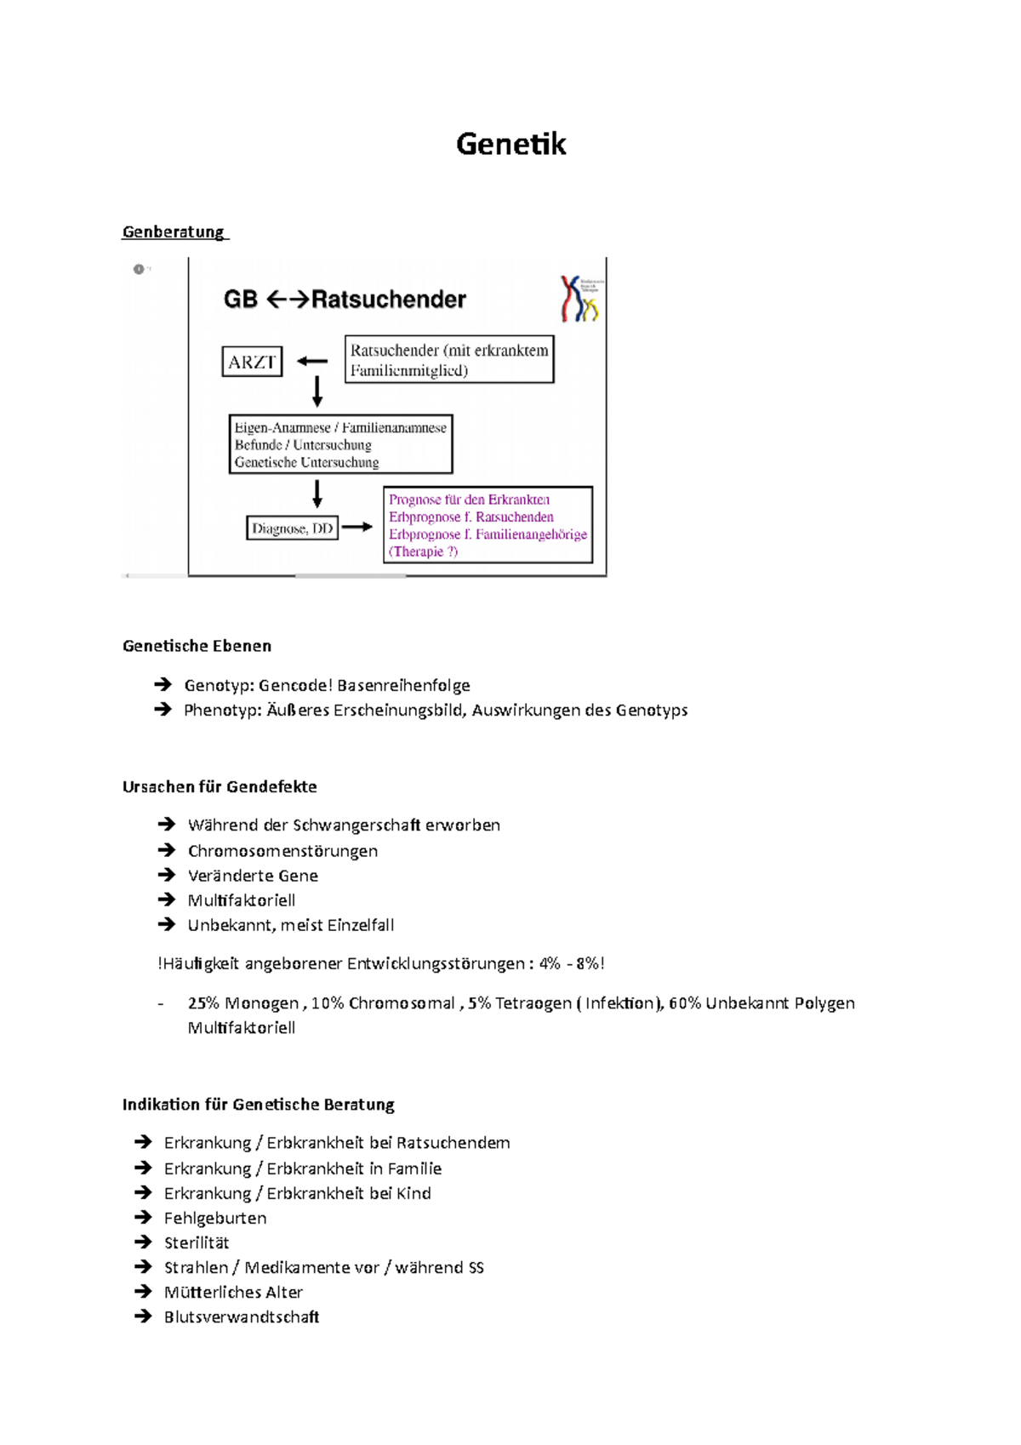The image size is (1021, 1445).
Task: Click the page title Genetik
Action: point(510,144)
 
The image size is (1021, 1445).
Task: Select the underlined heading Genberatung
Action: point(174,231)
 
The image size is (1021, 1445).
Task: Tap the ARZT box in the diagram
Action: point(252,362)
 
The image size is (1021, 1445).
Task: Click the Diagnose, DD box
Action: point(292,528)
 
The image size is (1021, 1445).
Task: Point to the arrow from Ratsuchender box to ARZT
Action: point(312,362)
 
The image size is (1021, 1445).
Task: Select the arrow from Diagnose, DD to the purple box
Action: point(357,528)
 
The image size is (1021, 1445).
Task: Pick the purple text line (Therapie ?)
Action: point(423,551)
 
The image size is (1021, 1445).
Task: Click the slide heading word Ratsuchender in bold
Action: point(389,300)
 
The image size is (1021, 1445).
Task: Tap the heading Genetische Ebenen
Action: point(197,646)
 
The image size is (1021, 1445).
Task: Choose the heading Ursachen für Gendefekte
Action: point(220,787)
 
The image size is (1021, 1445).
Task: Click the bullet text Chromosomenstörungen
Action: point(282,851)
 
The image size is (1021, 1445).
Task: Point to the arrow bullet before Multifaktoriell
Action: point(166,900)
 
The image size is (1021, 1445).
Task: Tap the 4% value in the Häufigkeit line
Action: point(550,964)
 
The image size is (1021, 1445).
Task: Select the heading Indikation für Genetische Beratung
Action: point(258,1105)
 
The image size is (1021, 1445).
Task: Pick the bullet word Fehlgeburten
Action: point(215,1219)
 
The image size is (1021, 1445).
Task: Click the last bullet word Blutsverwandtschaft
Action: point(242,1317)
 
